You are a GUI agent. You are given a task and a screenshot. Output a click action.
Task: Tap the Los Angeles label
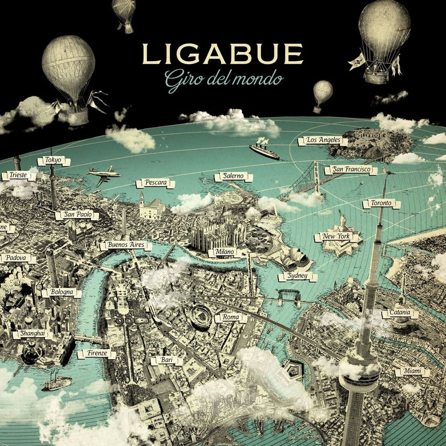320,140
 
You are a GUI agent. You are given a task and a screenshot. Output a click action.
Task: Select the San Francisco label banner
351,170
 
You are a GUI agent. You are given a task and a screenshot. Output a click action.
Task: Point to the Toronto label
381,204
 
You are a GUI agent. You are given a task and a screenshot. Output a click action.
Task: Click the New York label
338,237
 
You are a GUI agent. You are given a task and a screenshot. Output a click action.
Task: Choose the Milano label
224,252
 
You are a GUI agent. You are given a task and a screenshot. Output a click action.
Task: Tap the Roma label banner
231,318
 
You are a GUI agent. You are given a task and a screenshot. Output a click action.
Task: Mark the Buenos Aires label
126,245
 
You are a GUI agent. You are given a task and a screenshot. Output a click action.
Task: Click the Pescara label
155,183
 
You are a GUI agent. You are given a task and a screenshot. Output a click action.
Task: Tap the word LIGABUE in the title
223,54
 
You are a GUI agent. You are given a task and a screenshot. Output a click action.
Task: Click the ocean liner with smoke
264,151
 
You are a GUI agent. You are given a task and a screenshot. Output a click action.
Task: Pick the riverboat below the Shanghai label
57,383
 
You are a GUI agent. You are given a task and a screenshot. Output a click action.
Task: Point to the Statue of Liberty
343,220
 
